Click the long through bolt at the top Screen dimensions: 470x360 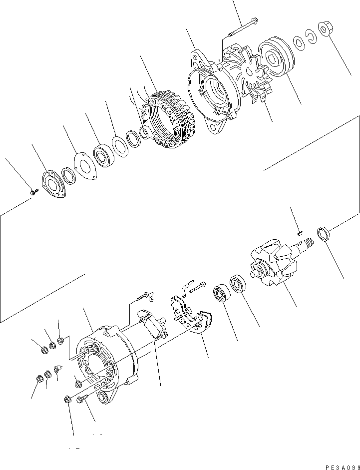tap(243, 27)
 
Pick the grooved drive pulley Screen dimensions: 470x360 tap(276, 59)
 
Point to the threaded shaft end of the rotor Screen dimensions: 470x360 tap(306, 244)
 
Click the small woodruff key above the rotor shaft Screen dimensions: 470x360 tap(300, 231)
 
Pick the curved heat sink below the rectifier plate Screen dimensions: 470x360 tap(202, 325)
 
